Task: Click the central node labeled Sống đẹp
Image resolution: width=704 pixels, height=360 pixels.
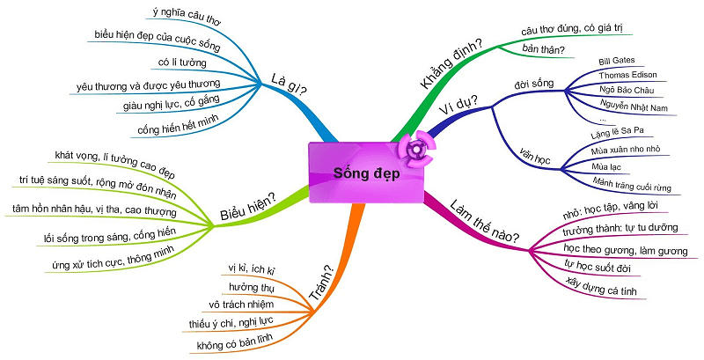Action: tap(365, 173)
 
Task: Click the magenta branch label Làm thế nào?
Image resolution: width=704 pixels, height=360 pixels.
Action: tap(483, 224)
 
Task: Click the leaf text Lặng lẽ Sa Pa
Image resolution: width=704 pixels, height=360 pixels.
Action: tap(619, 132)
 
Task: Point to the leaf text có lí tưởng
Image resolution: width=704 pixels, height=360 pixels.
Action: tap(183, 62)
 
